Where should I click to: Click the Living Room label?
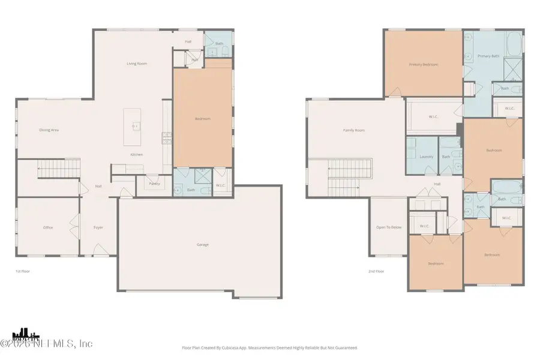tap(136, 64)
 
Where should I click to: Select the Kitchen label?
tap(137, 154)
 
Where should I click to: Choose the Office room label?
tap(48, 227)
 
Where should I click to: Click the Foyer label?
tap(98, 227)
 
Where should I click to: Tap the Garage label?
tap(202, 244)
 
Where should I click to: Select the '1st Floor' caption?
tap(23, 271)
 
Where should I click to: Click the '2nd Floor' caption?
tap(376, 271)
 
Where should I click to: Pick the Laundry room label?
tap(427, 157)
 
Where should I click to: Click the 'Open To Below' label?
tap(388, 227)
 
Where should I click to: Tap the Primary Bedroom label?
tap(422, 64)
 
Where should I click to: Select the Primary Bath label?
tap(488, 56)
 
